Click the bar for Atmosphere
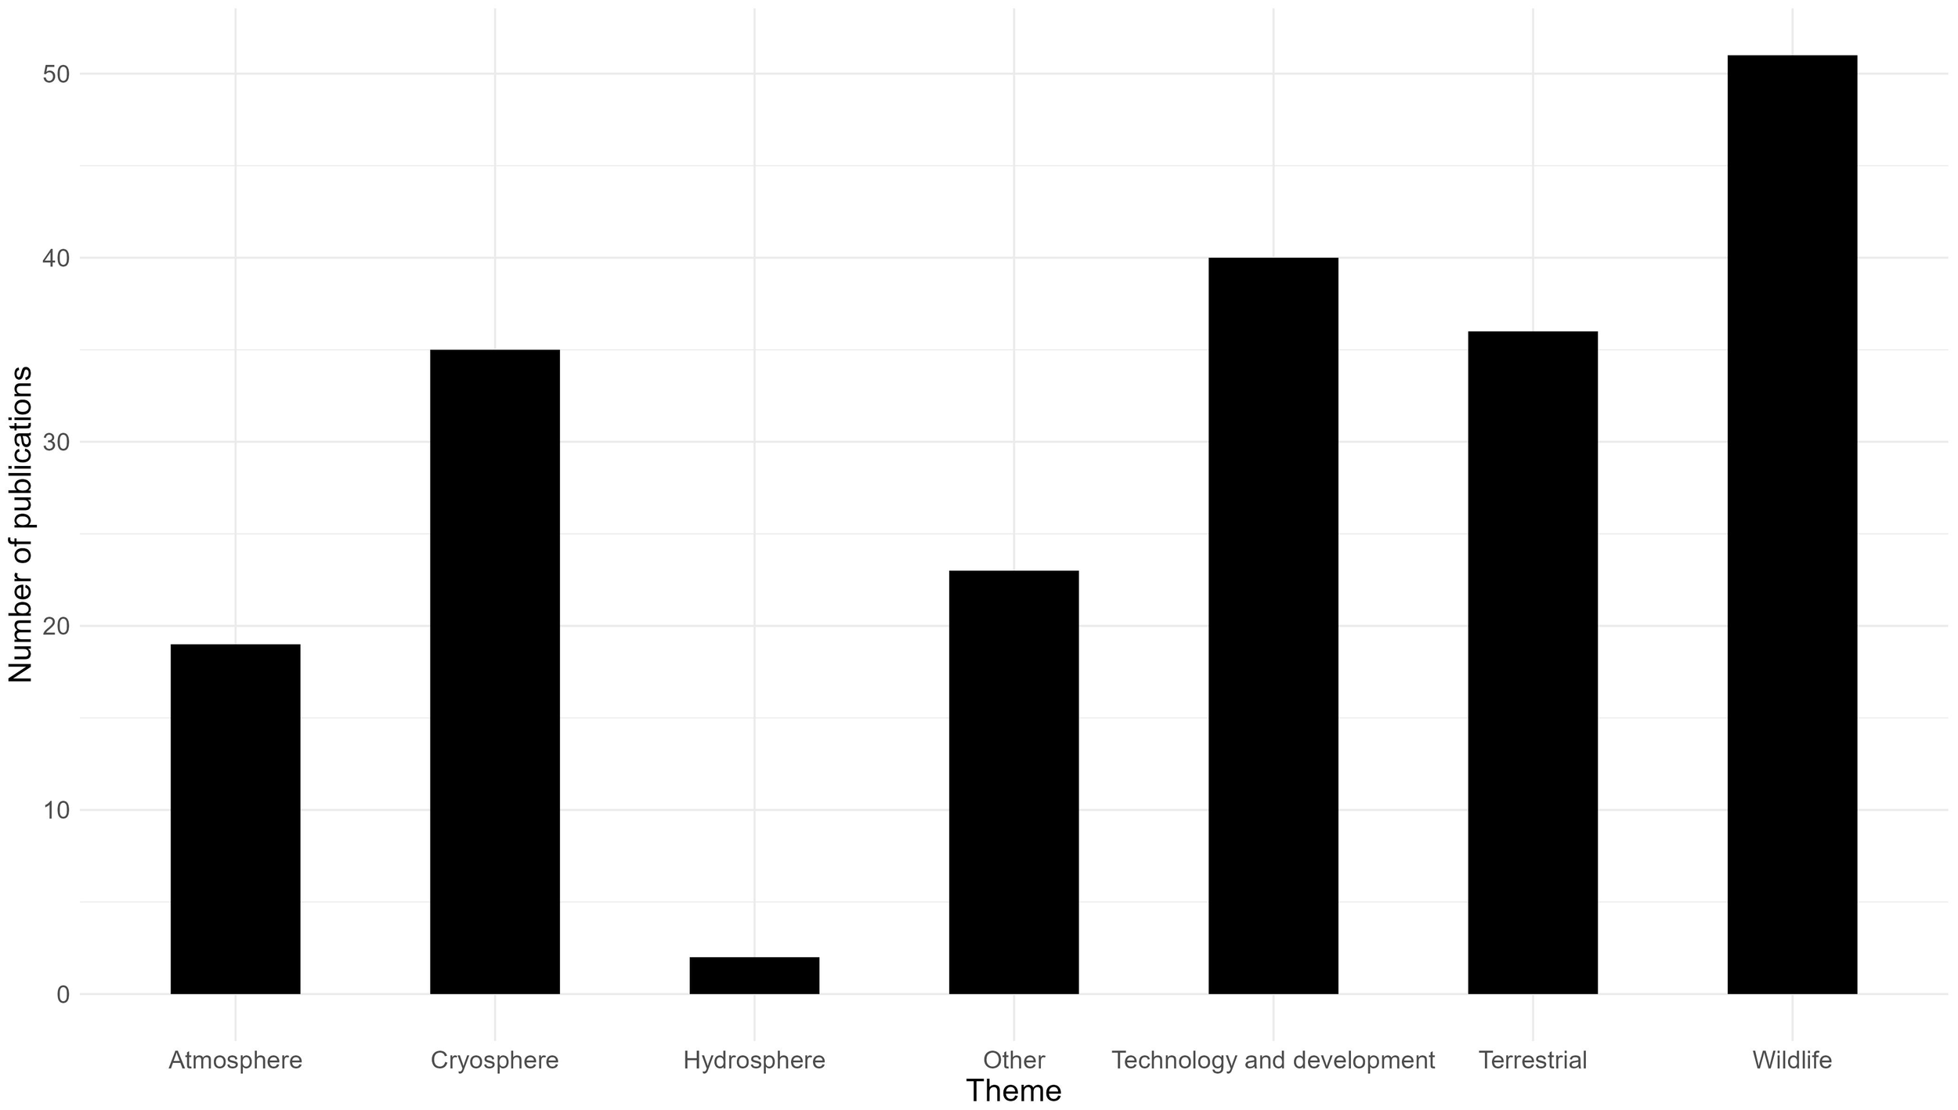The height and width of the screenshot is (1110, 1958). (x=235, y=819)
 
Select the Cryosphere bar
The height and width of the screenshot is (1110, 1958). (x=495, y=671)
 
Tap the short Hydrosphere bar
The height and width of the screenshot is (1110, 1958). (x=754, y=975)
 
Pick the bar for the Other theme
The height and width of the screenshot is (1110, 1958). (x=1013, y=782)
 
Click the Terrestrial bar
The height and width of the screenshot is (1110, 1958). (x=1533, y=662)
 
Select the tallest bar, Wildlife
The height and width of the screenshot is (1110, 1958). (x=1792, y=524)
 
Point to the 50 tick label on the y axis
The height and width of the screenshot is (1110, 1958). (x=56, y=74)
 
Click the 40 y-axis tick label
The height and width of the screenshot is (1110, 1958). (x=56, y=259)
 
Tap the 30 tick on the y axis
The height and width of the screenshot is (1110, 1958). (x=56, y=443)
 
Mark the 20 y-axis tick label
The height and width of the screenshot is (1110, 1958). (x=56, y=627)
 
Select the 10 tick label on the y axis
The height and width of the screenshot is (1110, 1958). (x=56, y=810)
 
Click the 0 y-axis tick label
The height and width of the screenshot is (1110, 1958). (x=63, y=995)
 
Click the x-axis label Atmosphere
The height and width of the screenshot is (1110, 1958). (x=235, y=1061)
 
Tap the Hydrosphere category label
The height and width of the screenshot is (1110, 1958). (x=754, y=1061)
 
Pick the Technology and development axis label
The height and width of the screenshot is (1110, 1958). (x=1273, y=1061)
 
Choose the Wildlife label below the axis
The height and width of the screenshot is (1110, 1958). (x=1792, y=1061)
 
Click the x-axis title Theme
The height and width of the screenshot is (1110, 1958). (x=1013, y=1091)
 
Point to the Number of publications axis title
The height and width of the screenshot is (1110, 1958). (x=21, y=525)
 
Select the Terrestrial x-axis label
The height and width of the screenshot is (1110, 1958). (x=1533, y=1061)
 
